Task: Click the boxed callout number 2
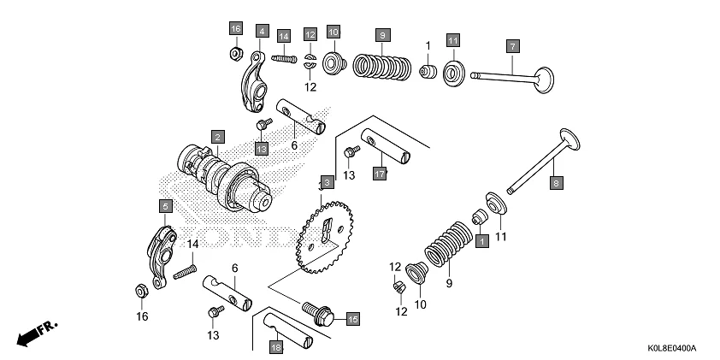point(218,137)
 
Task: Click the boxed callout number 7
point(512,45)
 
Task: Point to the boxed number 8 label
point(555,183)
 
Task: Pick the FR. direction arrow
point(35,333)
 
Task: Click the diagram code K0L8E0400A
point(670,349)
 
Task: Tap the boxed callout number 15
point(352,319)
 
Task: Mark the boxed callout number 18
point(275,348)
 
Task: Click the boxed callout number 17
point(381,174)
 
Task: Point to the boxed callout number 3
point(325,183)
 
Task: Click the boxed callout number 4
point(262,31)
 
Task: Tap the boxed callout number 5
point(165,205)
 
